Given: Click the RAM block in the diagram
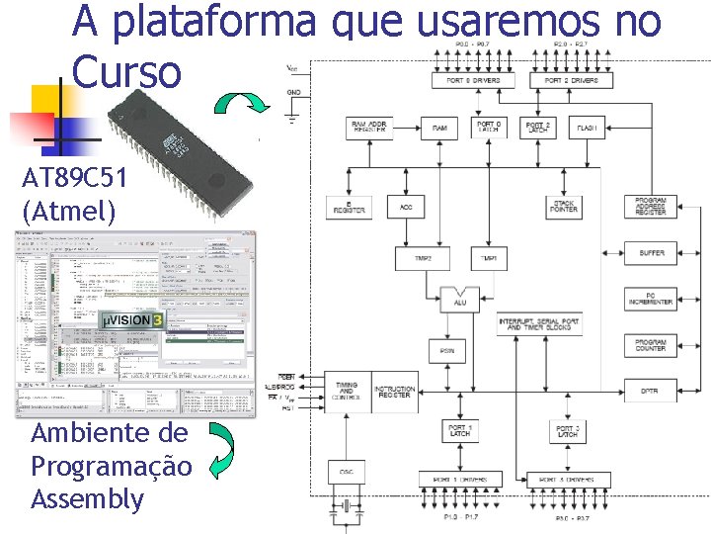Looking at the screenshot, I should [x=439, y=128].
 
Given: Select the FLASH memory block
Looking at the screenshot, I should [x=587, y=128].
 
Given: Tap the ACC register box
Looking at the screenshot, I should [x=406, y=207].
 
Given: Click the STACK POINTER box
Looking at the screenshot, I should [x=564, y=207].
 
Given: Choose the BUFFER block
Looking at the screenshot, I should [x=652, y=253].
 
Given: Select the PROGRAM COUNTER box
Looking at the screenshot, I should [x=652, y=345].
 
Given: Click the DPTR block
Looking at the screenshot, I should [x=652, y=391].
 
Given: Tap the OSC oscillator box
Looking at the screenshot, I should [x=347, y=473].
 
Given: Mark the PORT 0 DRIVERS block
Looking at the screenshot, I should [x=473, y=80].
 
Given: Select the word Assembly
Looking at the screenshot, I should [x=87, y=499].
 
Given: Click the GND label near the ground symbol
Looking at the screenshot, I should [x=294, y=91].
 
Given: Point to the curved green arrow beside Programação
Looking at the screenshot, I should [x=224, y=451].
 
